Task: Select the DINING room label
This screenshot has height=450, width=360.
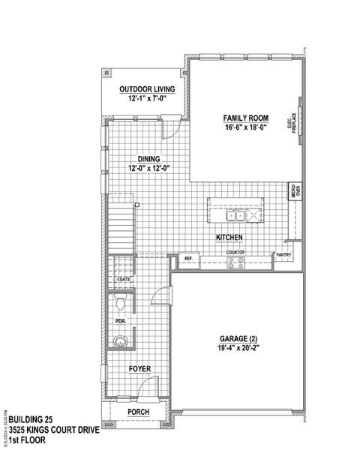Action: tap(147, 158)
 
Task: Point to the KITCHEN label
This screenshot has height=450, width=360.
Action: tap(228, 237)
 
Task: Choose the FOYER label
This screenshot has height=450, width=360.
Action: tap(139, 369)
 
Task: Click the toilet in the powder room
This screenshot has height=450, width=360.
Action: tap(121, 304)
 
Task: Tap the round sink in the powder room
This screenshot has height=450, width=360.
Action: tap(121, 342)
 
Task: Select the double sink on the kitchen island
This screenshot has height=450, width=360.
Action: tap(235, 216)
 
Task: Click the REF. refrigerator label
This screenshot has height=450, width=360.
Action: tap(188, 259)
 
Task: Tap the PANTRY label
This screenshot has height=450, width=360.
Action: tap(283, 255)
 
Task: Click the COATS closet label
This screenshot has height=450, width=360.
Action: tap(124, 279)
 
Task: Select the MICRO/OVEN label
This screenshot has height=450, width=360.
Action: tap(296, 191)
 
